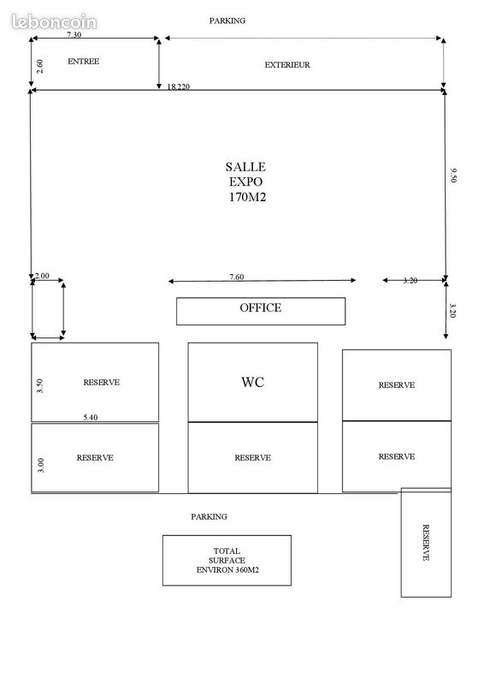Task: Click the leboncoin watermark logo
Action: (54, 21)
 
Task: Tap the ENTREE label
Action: (83, 62)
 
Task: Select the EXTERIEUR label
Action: (287, 65)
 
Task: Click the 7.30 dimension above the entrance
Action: (74, 34)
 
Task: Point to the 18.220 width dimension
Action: (179, 86)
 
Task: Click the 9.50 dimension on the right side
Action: (453, 175)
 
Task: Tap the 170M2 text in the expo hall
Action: (247, 197)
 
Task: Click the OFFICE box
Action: (261, 311)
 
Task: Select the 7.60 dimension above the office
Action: (237, 277)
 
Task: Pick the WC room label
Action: (253, 382)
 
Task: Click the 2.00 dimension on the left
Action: (43, 276)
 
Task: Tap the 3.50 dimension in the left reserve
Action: (39, 386)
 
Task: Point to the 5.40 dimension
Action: (91, 417)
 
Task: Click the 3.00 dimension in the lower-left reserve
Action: (40, 465)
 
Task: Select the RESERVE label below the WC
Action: (253, 458)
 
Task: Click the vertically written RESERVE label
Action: (426, 543)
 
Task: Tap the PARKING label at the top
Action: (227, 21)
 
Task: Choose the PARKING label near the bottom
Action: (209, 516)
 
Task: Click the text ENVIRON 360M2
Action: (227, 569)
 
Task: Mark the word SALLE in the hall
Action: (245, 167)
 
